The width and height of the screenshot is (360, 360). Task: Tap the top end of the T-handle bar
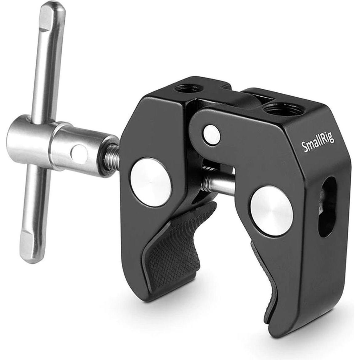[x=53, y=14]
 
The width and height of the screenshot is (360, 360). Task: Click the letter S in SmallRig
[x=303, y=147]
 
